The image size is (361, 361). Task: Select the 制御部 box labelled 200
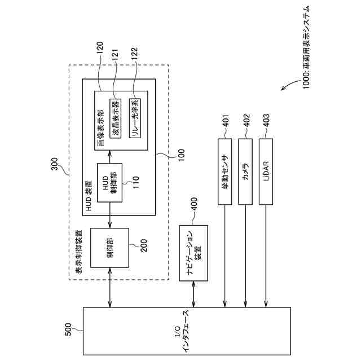[109, 248]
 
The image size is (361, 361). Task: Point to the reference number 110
[136, 180]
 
